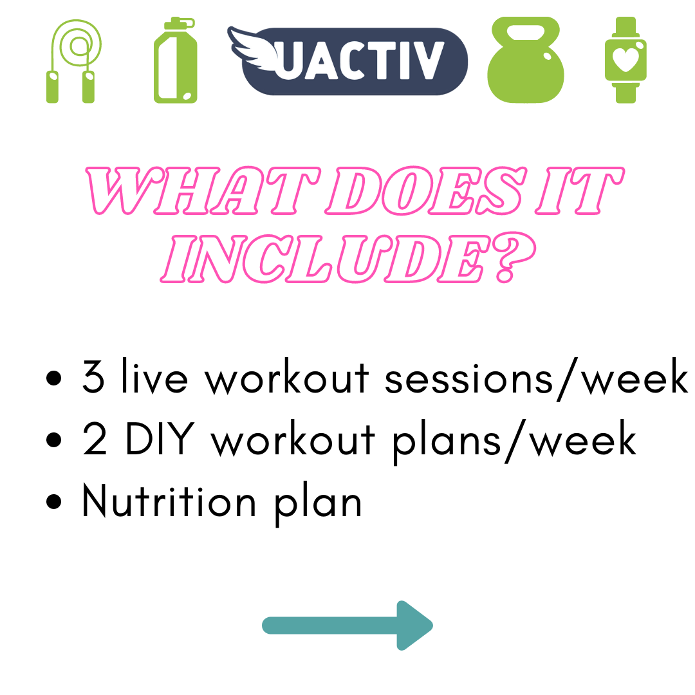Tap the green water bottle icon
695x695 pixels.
[176, 60]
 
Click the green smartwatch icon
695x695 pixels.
[625, 60]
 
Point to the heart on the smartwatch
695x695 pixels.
[625, 59]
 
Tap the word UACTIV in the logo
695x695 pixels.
[359, 60]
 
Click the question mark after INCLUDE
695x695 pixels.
[515, 257]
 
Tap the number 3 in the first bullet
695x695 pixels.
[93, 377]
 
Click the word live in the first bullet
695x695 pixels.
[154, 376]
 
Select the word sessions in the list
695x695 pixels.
[469, 380]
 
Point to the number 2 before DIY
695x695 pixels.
[95, 439]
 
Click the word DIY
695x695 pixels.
[160, 438]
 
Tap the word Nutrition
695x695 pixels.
[169, 501]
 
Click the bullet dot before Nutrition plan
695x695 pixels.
[53, 501]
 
